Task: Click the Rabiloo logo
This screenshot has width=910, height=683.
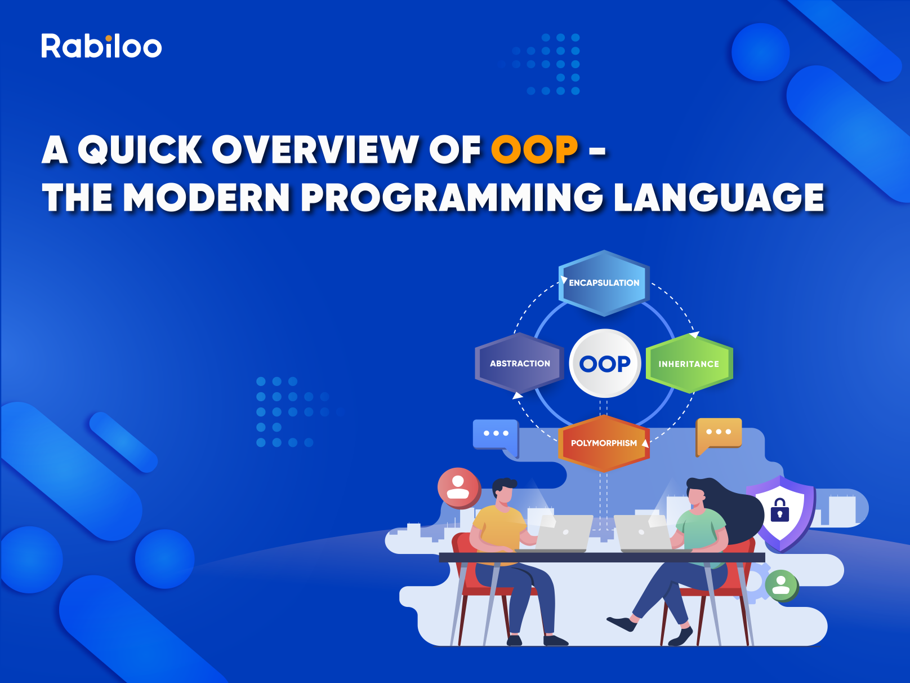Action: (x=101, y=46)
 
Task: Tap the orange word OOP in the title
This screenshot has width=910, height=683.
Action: (x=534, y=150)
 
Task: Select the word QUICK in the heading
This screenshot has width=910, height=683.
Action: (x=140, y=150)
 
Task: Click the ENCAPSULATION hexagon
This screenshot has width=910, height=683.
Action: (x=604, y=283)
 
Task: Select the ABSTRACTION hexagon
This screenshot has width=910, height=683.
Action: (x=519, y=363)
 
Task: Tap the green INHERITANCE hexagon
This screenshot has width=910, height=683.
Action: (x=689, y=363)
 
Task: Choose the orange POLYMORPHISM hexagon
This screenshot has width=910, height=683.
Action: (x=604, y=443)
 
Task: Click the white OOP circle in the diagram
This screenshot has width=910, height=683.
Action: (x=605, y=363)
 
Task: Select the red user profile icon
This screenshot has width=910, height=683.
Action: (x=458, y=488)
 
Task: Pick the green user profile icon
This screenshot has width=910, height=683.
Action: (x=782, y=586)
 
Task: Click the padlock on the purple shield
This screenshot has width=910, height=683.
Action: (x=780, y=509)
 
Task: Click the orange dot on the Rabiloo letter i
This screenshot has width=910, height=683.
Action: (x=109, y=38)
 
